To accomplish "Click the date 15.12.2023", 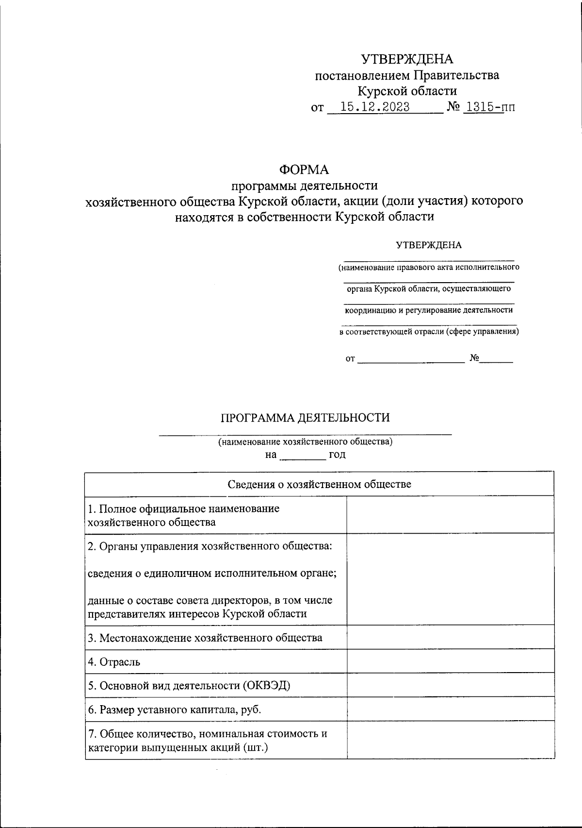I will [374, 107].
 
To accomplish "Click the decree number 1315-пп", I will [489, 107].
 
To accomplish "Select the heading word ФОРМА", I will [304, 169].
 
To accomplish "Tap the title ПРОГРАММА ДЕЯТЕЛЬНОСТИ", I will [305, 418].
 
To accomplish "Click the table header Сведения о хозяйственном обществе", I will [319, 484].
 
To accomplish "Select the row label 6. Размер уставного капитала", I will [174, 710].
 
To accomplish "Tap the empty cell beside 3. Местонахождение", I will [450, 637].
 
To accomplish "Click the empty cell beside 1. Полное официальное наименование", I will [450, 515].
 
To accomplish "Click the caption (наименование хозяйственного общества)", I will [305, 441].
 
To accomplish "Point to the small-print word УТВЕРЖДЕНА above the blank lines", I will [429, 245].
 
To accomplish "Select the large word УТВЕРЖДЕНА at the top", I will [407, 59].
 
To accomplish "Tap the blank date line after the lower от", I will [411, 359].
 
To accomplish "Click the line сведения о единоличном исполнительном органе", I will [212, 573].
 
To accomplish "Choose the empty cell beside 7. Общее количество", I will [450, 740].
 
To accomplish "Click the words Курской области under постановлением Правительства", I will [407, 91].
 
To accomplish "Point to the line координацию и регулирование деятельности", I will [428, 310].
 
